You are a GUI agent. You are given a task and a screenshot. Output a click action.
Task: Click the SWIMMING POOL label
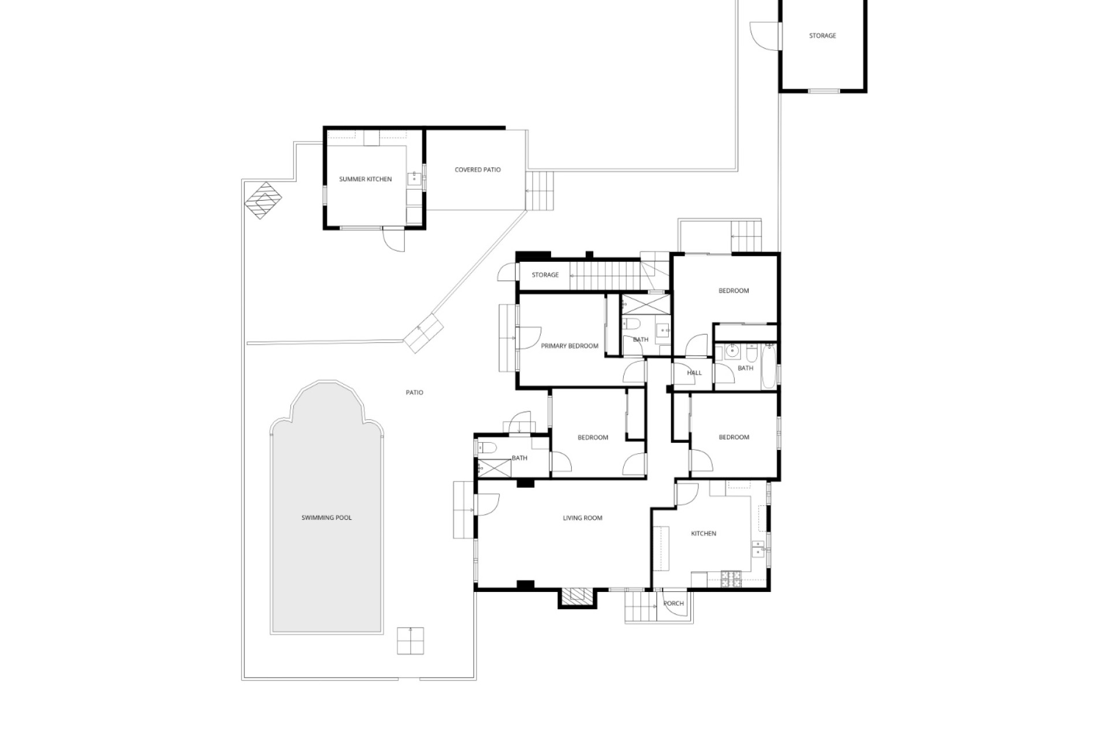coord(326,518)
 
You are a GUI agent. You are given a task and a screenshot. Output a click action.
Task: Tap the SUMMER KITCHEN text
coord(365,179)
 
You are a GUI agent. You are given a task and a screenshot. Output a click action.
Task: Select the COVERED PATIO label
coord(478,170)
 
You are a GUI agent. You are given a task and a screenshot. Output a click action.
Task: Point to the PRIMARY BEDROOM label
coord(570,346)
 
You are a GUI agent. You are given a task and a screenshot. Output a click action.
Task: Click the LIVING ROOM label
coord(582,518)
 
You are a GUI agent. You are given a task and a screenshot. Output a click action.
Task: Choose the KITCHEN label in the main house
coord(704,534)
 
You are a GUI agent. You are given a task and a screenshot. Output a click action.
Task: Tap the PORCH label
coord(673,604)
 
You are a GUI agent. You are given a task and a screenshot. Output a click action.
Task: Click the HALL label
coord(694,373)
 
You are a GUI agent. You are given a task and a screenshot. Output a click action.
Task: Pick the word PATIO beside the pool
coord(414,393)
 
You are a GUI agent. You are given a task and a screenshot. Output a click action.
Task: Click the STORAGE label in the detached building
coord(823,36)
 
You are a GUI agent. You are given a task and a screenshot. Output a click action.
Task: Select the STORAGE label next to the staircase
coord(545,275)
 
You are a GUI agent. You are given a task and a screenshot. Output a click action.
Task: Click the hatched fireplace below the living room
coord(576,596)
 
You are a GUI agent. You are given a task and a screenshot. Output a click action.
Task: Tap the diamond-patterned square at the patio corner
coord(263,201)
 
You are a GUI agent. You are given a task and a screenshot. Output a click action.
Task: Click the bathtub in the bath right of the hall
coord(769,367)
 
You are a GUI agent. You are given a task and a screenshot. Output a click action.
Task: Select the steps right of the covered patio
coord(539,191)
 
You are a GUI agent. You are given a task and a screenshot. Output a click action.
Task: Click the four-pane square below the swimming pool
coord(410,641)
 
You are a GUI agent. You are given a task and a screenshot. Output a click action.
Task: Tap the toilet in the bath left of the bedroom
coord(485,447)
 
